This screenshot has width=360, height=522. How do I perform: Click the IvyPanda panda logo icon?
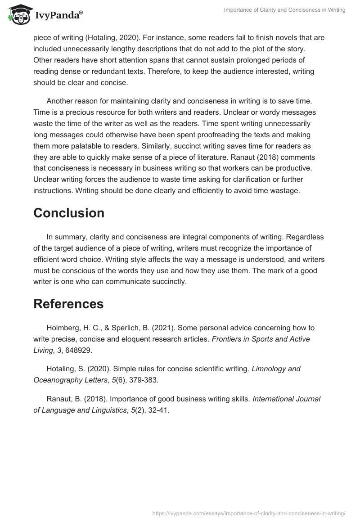tap(17, 15)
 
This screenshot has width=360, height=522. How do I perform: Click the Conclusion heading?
tap(68, 213)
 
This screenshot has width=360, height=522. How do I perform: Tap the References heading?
tap(68, 304)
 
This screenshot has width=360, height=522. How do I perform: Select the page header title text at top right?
tap(284, 10)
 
